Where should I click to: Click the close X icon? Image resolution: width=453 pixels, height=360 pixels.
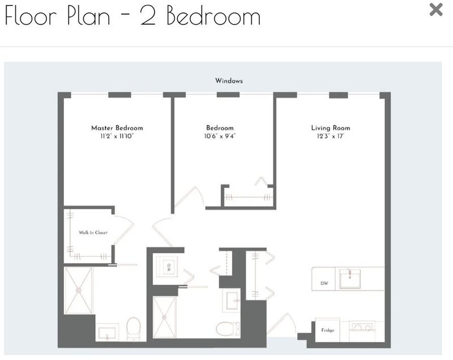436,10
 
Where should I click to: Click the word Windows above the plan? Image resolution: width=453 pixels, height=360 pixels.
229,81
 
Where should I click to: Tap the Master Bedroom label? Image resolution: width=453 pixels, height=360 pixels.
117,128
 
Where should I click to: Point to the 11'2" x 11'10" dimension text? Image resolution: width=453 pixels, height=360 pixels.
117,136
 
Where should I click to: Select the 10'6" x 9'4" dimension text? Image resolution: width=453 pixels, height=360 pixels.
220,136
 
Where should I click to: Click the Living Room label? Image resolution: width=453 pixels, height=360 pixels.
331,128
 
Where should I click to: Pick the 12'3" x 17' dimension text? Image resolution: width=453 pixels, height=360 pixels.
331,136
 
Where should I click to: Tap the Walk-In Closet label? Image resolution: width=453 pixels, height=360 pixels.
93,233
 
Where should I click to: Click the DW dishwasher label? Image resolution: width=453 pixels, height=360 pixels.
324,283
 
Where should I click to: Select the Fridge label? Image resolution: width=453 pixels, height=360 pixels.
328,330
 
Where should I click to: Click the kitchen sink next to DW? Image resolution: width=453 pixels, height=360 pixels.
349,278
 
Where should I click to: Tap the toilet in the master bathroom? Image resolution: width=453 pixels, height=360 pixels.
134,328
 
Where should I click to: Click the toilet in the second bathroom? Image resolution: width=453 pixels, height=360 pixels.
228,329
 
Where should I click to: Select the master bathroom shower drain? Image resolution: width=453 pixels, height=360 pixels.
78,290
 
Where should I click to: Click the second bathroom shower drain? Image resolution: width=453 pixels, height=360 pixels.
164,318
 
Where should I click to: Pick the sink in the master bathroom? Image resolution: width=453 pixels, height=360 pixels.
107,333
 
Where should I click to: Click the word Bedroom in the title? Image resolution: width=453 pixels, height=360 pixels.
213,15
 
